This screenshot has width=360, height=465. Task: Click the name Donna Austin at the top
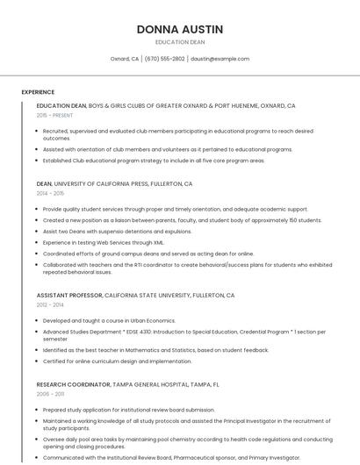(x=180, y=29)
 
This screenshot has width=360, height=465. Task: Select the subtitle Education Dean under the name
(x=180, y=42)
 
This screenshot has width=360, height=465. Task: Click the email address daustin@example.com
(x=220, y=59)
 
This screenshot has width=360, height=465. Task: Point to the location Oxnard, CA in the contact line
(x=124, y=59)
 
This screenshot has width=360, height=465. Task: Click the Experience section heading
(x=38, y=92)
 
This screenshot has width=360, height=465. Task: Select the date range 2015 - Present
(x=55, y=115)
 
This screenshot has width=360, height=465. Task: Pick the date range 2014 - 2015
(x=50, y=193)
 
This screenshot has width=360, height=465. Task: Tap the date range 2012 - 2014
(x=50, y=304)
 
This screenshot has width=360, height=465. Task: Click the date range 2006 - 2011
(x=50, y=394)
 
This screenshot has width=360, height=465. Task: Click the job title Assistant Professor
(x=70, y=296)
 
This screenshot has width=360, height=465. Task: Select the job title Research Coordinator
(x=74, y=384)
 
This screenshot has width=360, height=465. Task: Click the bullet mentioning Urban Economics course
(x=109, y=320)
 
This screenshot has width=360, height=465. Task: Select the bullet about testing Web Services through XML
(x=104, y=242)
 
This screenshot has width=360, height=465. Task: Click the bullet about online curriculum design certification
(x=117, y=361)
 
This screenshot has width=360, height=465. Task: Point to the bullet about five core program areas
(x=153, y=161)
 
